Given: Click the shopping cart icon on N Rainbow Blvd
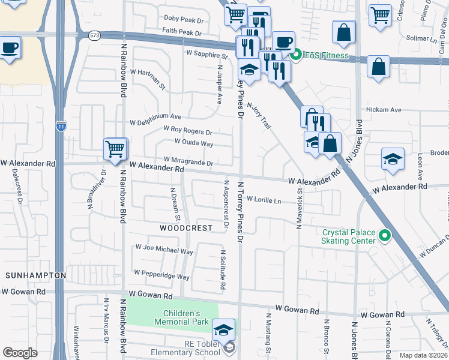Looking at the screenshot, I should click(115, 148).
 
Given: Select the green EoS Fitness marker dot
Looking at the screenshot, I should click(295, 56).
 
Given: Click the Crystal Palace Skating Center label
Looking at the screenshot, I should click(349, 236).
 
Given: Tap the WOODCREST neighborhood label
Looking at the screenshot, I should click(186, 228).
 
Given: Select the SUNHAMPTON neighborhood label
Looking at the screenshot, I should click(35, 275).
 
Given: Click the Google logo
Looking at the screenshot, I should click(20, 352).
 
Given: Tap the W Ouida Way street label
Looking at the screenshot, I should click(194, 143).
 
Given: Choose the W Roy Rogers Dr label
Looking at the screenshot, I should click(187, 130).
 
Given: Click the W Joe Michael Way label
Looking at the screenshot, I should click(164, 249).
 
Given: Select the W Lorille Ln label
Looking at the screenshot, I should click(264, 200).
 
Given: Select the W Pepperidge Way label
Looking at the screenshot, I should click(161, 274).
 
